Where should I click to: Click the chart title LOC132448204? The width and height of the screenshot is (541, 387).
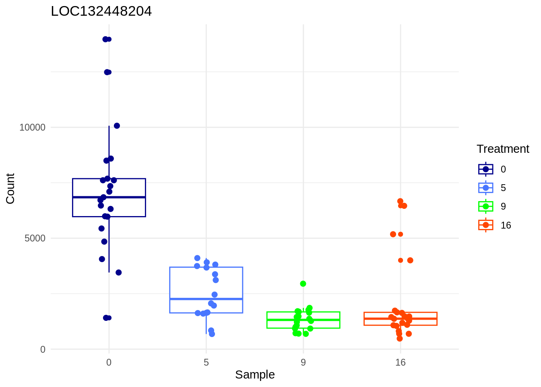click(x=101, y=11)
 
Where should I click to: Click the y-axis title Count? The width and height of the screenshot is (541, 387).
click(x=10, y=188)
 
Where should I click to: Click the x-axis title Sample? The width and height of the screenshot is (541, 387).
click(x=255, y=375)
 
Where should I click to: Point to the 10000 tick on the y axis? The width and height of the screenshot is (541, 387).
click(x=33, y=127)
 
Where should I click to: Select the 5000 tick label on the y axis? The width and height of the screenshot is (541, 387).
click(x=35, y=238)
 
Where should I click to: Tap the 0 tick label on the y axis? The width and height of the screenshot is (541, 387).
click(x=43, y=350)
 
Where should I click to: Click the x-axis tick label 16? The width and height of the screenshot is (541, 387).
click(x=400, y=362)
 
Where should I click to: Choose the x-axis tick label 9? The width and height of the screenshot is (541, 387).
click(x=303, y=362)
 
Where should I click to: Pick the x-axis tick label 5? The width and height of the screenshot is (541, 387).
click(x=206, y=362)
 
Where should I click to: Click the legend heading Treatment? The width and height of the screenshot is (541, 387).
click(x=503, y=149)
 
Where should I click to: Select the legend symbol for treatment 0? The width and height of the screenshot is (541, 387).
click(x=486, y=169)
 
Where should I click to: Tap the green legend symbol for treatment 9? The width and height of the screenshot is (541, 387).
click(x=486, y=206)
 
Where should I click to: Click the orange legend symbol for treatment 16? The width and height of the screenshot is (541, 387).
click(x=486, y=225)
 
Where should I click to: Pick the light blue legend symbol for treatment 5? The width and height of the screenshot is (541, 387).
click(x=486, y=188)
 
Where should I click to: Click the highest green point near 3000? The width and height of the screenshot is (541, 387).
click(x=303, y=284)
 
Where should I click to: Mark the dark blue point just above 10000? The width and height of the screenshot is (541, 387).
click(x=117, y=126)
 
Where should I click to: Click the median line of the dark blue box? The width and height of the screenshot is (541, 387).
click(x=109, y=197)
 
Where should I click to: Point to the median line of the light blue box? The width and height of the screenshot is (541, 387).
click(x=206, y=299)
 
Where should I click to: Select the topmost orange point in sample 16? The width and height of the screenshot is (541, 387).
click(x=400, y=201)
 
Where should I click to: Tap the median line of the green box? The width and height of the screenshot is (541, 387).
click(x=303, y=320)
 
